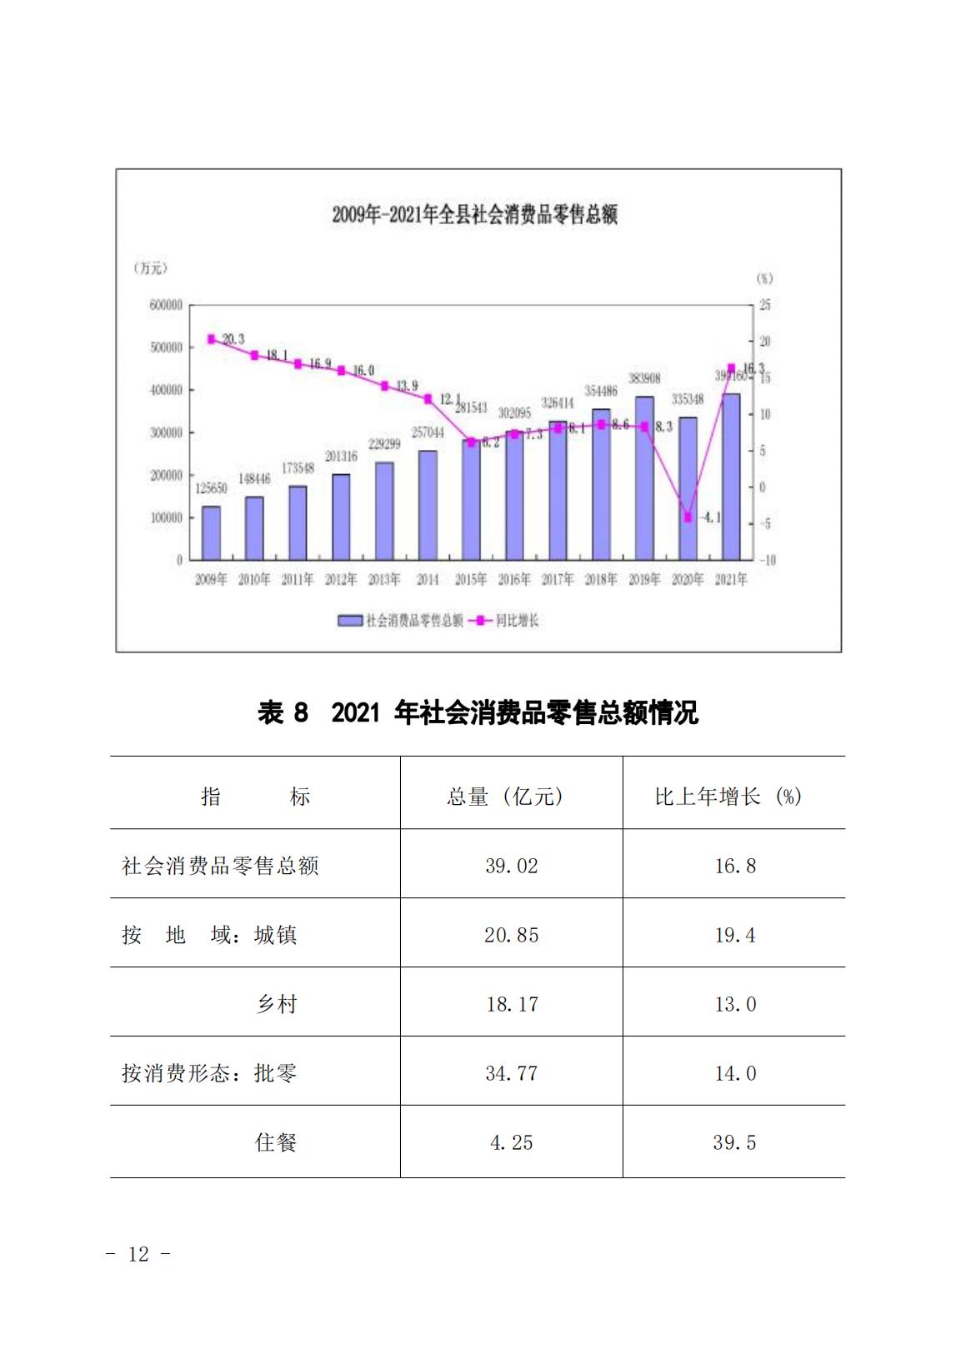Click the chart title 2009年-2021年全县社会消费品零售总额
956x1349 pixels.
click(x=474, y=215)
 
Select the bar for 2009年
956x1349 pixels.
click(x=211, y=532)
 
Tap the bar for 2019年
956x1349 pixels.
click(x=644, y=478)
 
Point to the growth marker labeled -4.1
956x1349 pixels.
click(x=688, y=517)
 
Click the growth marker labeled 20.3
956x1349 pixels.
click(x=211, y=339)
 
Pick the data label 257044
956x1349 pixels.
click(x=428, y=433)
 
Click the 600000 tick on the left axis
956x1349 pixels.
click(x=167, y=306)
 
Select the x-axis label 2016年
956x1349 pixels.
click(x=514, y=580)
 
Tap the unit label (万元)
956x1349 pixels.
click(x=150, y=268)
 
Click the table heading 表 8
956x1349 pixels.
click(x=283, y=713)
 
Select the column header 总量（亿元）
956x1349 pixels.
click(x=505, y=797)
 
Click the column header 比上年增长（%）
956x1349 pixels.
click(x=728, y=797)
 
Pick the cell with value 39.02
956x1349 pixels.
click(x=512, y=867)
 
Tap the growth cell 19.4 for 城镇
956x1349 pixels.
click(x=735, y=936)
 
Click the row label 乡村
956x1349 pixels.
click(x=276, y=1005)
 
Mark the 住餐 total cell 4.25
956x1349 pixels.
click(x=512, y=1143)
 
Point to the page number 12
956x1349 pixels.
click(x=138, y=1254)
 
